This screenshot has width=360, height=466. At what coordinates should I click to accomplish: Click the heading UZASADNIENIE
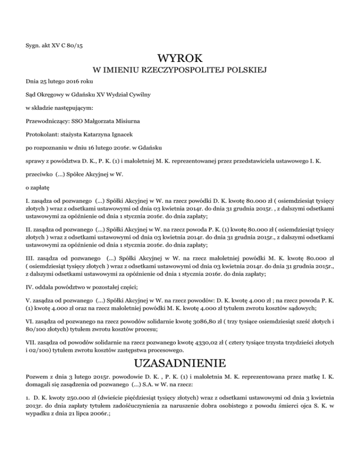pyautogui.click(x=180, y=363)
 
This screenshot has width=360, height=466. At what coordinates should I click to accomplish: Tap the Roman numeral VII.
pyautogui.click(x=31, y=344)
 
